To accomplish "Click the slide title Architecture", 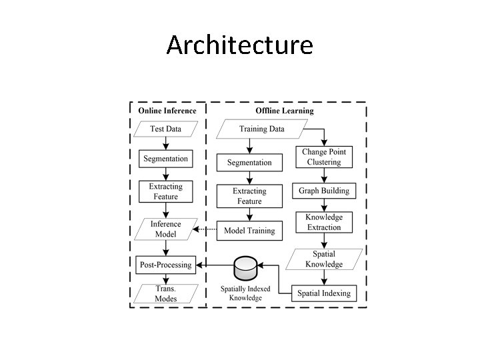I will pos(239,45).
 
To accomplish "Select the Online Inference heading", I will pos(167,111).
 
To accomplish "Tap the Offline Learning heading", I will pos(285,111).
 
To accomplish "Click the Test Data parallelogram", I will pos(165,129).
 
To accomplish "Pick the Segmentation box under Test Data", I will pos(165,159).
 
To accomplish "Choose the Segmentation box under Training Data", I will pos(249,162).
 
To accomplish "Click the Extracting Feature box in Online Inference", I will pos(165,191).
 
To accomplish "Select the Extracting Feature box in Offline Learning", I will pos(249,196).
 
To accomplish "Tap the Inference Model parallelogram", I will pos(165,229).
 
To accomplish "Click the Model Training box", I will pos(249,231).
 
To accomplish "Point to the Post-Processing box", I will pos(165,265).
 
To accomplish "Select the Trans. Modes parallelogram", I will pos(165,293).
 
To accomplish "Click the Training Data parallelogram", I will pos(262,129).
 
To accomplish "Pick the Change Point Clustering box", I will pos(324,157).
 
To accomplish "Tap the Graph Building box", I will pos(324,191).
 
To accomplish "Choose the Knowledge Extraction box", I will pos(324,223).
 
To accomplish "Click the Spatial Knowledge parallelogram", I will pos(324,259).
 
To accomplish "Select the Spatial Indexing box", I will pos(324,293).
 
